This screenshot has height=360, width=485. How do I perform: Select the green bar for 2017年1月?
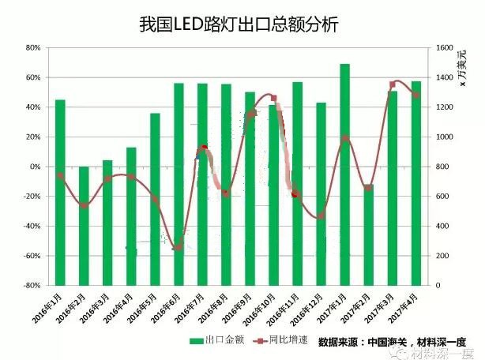(344, 174)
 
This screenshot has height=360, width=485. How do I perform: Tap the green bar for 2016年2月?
(84, 226)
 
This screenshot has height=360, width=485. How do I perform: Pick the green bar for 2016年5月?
(155, 199)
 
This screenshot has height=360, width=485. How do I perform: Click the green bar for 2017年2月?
(368, 234)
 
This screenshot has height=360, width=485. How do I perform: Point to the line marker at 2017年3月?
(393, 84)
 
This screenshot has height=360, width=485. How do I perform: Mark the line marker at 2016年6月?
(179, 247)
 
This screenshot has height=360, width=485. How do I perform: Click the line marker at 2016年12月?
(321, 216)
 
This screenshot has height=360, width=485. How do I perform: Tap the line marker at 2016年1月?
(60, 175)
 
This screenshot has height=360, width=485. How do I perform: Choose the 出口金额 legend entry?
(213, 341)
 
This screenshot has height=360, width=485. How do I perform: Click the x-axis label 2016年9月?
(237, 309)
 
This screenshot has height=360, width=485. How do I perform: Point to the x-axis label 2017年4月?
(403, 309)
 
